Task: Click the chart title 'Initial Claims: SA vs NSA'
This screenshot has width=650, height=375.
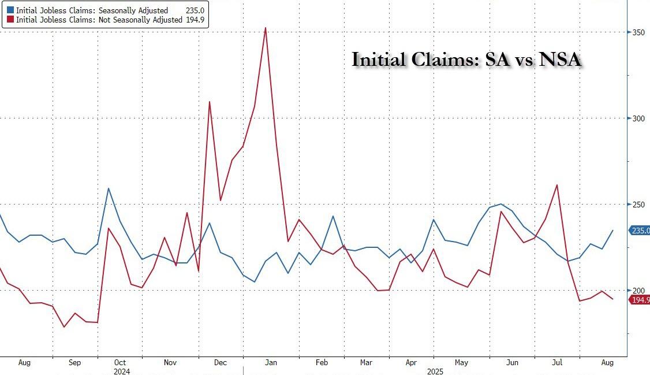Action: tap(466, 60)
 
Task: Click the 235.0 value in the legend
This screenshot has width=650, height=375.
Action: tap(196, 10)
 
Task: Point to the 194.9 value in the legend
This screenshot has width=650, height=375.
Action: tap(196, 20)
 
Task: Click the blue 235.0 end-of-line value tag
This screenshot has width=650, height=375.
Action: tap(639, 231)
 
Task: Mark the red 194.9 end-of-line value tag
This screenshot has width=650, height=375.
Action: tap(639, 300)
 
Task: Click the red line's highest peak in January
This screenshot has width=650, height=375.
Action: tap(265, 28)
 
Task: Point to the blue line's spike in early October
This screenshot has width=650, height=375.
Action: tap(109, 188)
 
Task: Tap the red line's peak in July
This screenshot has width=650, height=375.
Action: tap(556, 185)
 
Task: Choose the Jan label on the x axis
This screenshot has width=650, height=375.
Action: tap(271, 363)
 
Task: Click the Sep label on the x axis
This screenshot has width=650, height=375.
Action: tap(74, 363)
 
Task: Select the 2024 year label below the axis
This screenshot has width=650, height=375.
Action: tap(122, 371)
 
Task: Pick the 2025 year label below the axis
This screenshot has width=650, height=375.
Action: tap(435, 371)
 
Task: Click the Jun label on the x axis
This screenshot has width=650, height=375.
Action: tap(511, 363)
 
